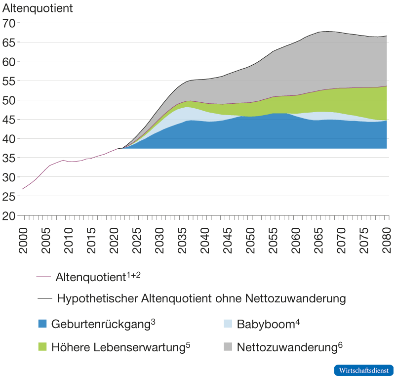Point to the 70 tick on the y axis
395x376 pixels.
click(x=10, y=23)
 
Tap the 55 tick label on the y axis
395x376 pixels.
click(x=10, y=81)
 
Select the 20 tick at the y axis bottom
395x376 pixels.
click(x=10, y=216)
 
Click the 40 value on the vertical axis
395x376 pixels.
click(x=10, y=139)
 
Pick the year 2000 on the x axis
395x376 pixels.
click(x=23, y=240)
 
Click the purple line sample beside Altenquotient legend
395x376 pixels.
click(x=44, y=277)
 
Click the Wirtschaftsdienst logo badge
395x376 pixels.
click(x=364, y=370)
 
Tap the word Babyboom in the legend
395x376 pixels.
click(x=266, y=325)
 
